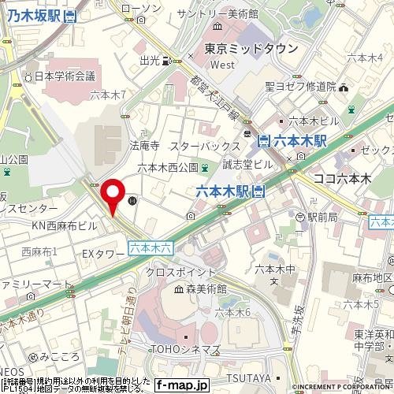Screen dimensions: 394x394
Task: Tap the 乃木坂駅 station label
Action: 35,15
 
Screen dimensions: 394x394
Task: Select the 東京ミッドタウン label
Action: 251,49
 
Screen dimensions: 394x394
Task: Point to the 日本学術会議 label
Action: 65,76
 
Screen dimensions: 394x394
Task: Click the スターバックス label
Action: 204,147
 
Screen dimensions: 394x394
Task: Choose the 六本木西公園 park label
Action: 167,167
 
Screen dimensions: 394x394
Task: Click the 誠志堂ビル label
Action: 247,163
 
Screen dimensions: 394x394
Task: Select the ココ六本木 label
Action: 341,179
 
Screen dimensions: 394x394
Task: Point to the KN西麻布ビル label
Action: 64,225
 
